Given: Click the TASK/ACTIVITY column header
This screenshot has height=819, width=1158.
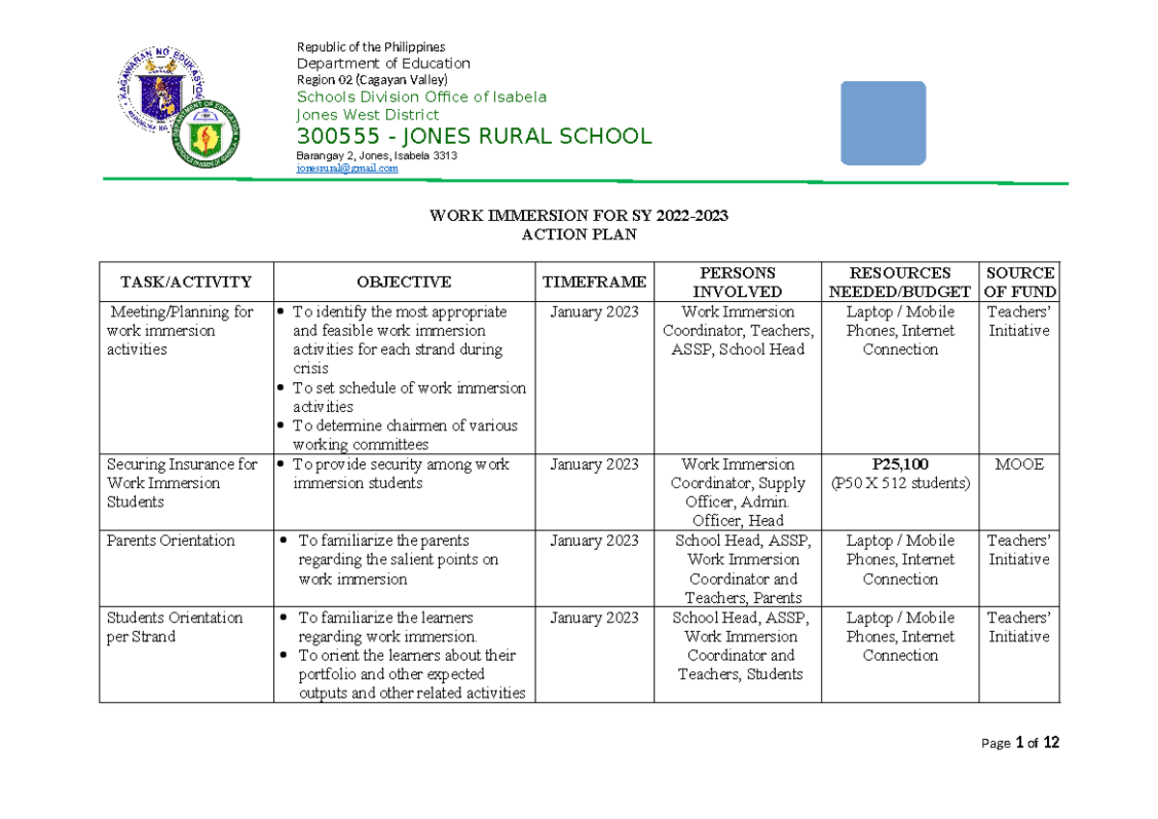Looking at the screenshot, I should [185, 283].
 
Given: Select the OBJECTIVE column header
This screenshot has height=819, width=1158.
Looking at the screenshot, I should [403, 283].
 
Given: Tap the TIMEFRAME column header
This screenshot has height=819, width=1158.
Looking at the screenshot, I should [593, 283].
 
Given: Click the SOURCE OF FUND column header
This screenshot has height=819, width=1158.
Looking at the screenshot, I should [1019, 283].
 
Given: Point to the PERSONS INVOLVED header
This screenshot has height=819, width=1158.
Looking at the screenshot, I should [737, 283].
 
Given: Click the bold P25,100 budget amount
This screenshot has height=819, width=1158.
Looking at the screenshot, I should [899, 464].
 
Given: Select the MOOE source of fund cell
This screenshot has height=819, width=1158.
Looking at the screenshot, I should [1019, 464].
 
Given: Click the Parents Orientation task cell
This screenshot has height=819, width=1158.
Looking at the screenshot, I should [171, 541].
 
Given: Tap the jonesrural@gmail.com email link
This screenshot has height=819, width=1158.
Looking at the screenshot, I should [346, 168].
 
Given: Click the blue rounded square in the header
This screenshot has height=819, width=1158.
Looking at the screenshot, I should [883, 123].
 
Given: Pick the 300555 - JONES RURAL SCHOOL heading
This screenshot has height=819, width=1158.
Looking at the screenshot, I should [474, 137].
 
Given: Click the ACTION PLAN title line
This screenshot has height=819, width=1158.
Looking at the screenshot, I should [578, 234].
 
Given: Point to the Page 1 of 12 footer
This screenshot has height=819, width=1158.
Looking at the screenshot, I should [1020, 743].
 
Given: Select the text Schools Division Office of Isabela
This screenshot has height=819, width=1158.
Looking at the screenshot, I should [422, 96].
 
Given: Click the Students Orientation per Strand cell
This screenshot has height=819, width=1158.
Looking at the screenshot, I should [175, 627].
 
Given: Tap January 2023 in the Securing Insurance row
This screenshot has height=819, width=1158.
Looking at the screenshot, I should [593, 464].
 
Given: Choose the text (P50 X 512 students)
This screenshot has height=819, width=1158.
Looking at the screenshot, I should [899, 483].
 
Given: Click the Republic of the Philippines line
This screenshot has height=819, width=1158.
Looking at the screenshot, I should [371, 47].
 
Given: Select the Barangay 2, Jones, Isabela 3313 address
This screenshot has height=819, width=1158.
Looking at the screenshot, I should [376, 155].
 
